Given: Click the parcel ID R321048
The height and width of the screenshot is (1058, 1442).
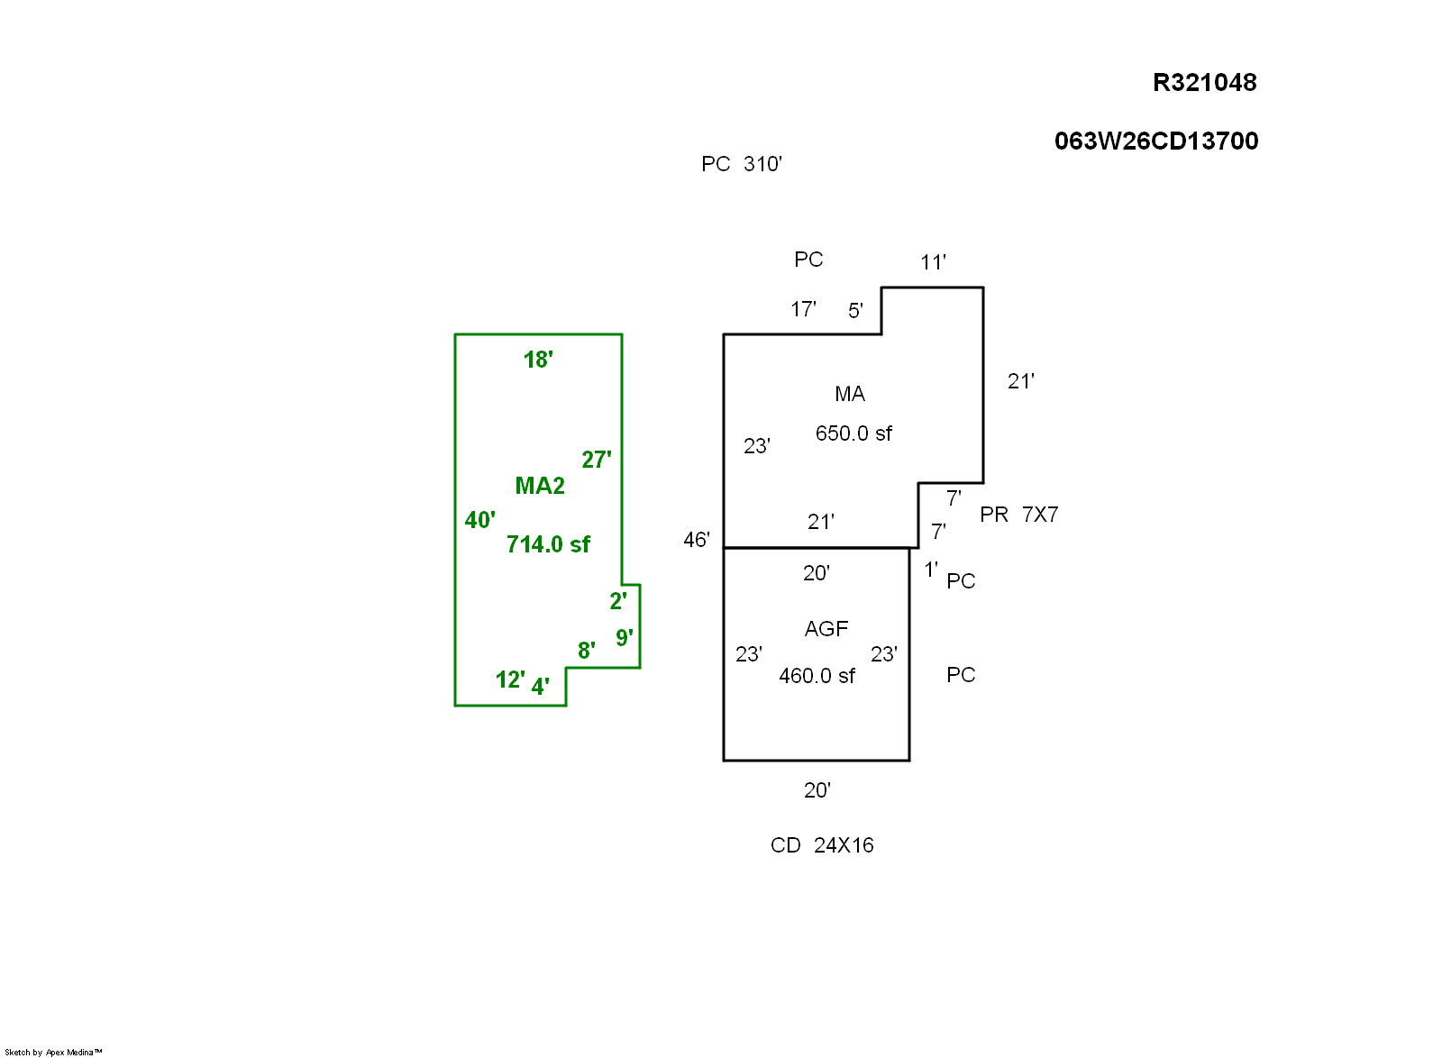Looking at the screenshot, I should (x=1204, y=83).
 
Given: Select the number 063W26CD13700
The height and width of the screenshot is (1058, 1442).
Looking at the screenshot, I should (x=1156, y=141).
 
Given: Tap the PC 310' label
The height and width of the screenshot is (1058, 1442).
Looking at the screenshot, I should (x=741, y=164).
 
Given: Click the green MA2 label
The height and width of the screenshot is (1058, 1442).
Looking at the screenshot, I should (x=540, y=486).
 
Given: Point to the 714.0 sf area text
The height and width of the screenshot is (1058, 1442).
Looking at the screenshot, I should (x=548, y=544).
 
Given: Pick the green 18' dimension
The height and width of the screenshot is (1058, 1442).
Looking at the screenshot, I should (x=538, y=360).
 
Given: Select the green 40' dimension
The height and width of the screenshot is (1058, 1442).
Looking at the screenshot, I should (x=479, y=520).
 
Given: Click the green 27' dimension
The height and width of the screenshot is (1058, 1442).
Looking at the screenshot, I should (x=596, y=460).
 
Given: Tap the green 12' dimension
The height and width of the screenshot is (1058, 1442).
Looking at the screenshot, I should (x=510, y=679).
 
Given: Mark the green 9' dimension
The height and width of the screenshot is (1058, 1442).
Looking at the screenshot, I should (x=624, y=638).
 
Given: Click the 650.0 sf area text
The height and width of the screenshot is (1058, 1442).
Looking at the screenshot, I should (x=853, y=433).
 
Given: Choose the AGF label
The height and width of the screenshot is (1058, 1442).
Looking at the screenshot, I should (x=826, y=629).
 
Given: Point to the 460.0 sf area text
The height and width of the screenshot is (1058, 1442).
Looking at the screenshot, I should (x=817, y=676).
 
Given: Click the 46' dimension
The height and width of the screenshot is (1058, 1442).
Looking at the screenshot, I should (x=697, y=540).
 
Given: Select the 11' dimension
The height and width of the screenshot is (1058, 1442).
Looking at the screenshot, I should (x=933, y=262).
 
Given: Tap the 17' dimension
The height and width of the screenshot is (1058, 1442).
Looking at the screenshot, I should (x=803, y=309).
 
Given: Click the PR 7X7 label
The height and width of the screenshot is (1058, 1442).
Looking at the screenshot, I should (x=1018, y=515).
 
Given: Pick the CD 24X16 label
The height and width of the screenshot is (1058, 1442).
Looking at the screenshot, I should (x=822, y=845).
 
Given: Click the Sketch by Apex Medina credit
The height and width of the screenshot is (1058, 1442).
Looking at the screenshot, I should (x=53, y=1052).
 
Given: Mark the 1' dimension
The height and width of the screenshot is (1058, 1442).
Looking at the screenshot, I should (x=931, y=570).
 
